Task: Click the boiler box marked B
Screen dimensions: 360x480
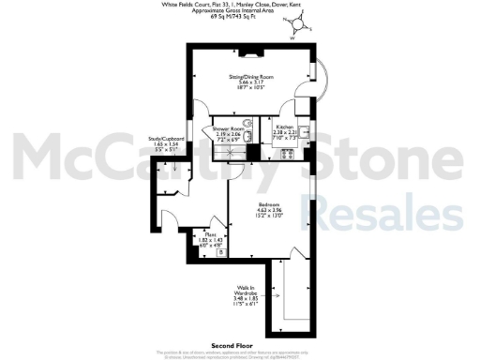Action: coord(220,252)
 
